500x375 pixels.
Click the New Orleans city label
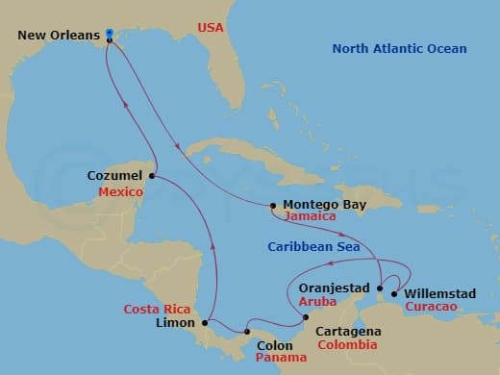[x=59, y=36]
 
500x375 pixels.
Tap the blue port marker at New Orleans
[x=110, y=34]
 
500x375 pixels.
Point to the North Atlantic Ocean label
[x=399, y=49]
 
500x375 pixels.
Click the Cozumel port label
[x=114, y=176]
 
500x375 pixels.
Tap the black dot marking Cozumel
[x=152, y=176]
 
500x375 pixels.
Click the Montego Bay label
[x=318, y=204]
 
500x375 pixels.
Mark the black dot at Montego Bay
[x=274, y=205]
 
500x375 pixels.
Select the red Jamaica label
[x=311, y=218]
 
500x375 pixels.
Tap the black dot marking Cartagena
[x=306, y=317]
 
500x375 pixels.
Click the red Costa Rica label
[x=156, y=309]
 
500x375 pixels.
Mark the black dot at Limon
[x=204, y=324]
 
